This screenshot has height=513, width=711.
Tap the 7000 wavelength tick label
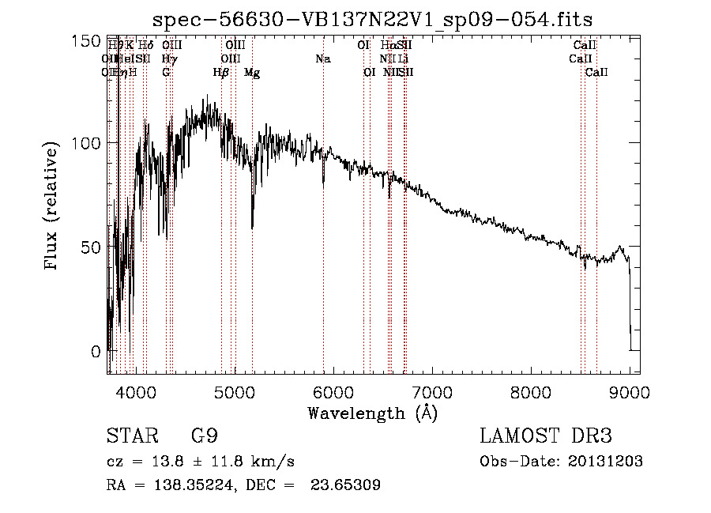(432, 391)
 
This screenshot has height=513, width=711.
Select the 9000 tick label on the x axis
(630, 391)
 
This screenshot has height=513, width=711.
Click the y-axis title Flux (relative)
(53, 207)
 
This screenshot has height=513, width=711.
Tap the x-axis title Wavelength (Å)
(372, 413)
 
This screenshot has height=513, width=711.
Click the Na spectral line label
(322, 58)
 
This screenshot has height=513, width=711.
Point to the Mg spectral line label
(252, 72)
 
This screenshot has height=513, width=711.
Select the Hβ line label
(221, 72)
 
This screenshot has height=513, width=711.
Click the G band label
(166, 72)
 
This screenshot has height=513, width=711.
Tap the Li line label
(403, 58)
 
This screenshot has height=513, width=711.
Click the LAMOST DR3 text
(546, 436)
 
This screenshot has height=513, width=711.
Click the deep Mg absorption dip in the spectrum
(252, 225)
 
